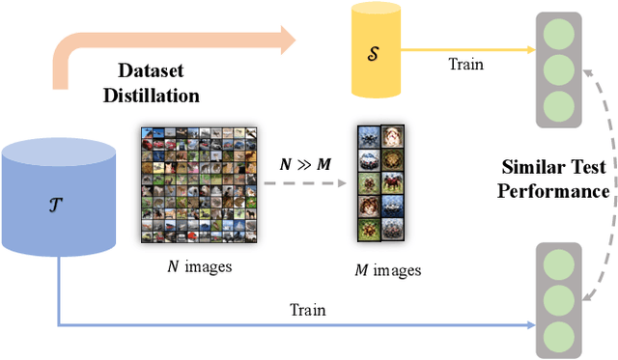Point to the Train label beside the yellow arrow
point(467,64)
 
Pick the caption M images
point(385,270)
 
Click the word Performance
point(553,191)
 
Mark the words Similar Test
point(553,166)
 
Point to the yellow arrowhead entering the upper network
point(530,49)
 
